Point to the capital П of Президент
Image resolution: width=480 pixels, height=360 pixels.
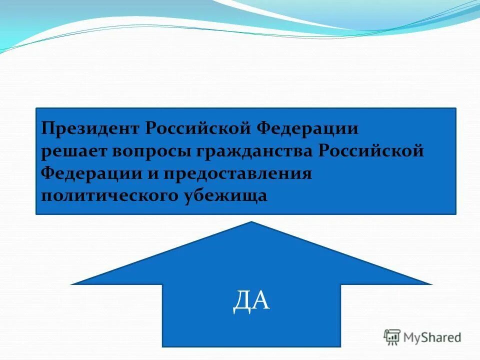click(48, 128)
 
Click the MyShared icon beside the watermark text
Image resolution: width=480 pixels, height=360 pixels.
click(392, 337)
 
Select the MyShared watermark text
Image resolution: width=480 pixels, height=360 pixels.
click(432, 337)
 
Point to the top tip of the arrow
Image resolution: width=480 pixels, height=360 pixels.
click(251, 222)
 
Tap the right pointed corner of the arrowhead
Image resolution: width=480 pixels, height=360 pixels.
click(430, 283)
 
